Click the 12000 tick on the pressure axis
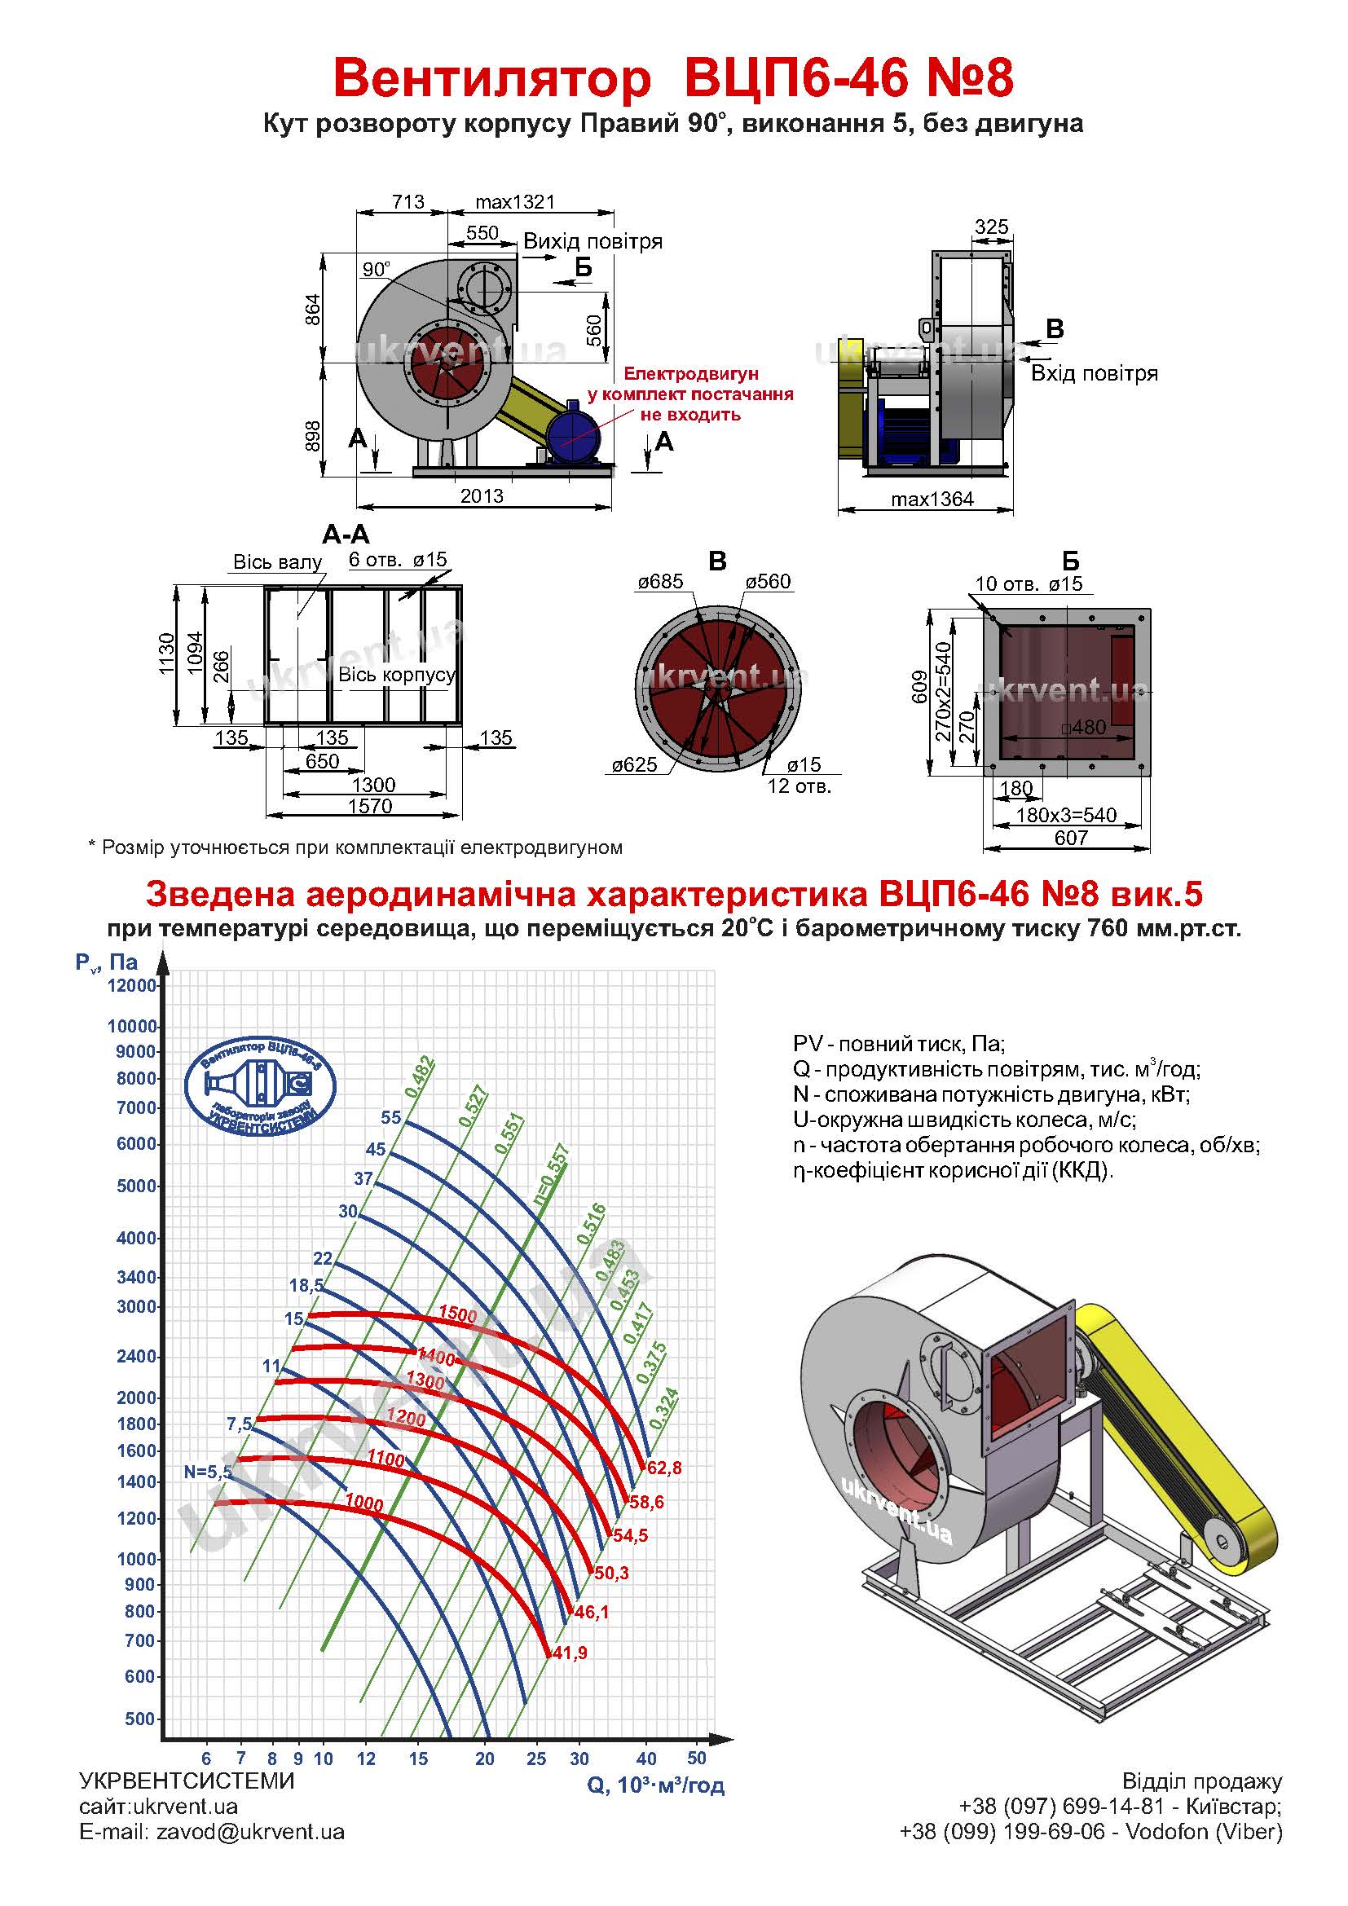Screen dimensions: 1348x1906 coord(132,985)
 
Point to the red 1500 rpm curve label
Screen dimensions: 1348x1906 coord(457,1314)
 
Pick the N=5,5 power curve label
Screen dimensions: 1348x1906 coord(209,1472)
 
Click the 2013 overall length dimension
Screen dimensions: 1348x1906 coord(482,495)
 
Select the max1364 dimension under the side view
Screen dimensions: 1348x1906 coord(932,499)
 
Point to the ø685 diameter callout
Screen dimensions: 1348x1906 coord(661,582)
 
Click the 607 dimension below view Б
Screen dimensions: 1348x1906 coord(1071,838)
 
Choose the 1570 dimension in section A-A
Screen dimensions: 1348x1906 coord(370,806)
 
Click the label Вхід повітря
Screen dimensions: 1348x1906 coord(1094,373)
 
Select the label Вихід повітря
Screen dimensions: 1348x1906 coord(593,241)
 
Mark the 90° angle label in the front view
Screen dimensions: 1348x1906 coord(376,269)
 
